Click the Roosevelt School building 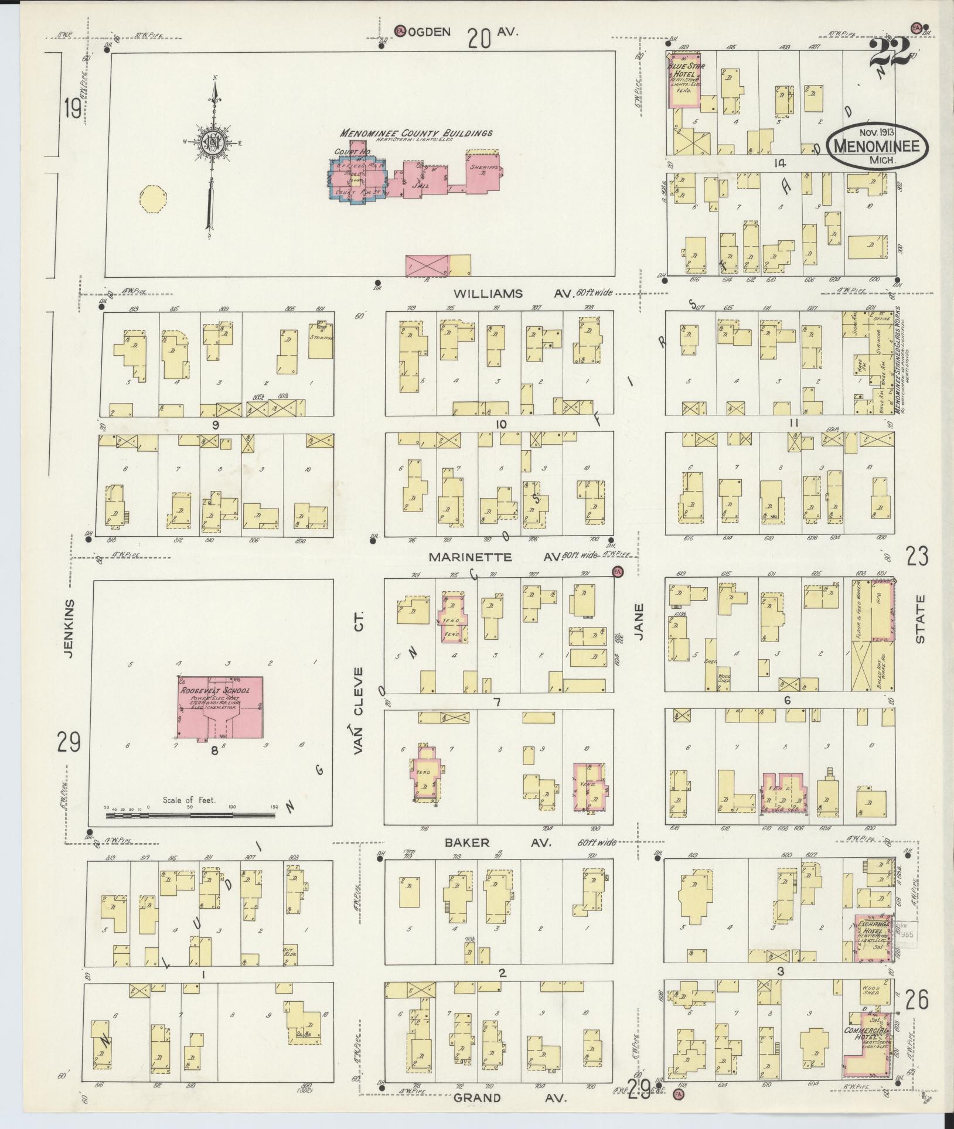click(220, 707)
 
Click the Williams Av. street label click(495, 294)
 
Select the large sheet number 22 click(891, 54)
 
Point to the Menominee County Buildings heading click(417, 133)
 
